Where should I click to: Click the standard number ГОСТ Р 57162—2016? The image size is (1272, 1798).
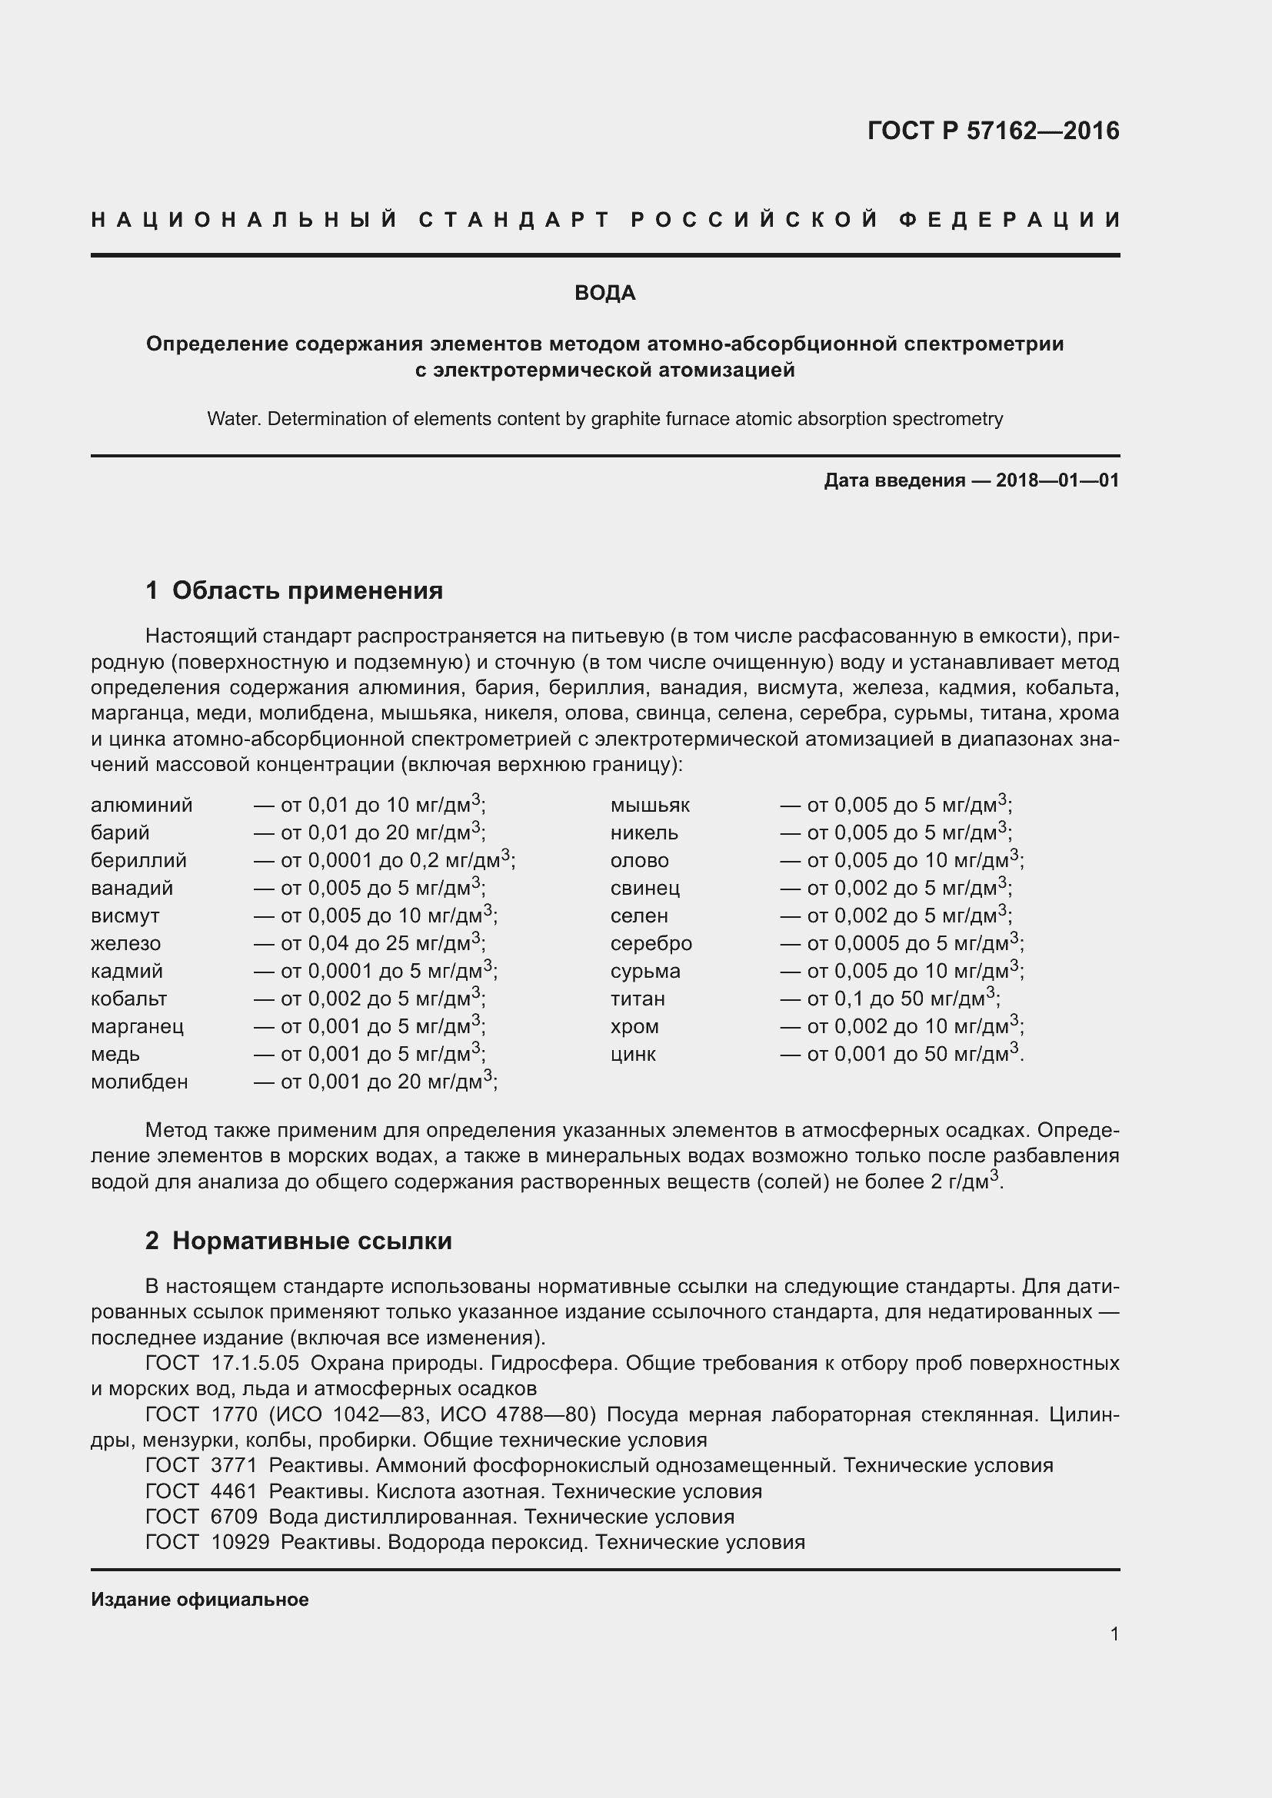[992, 131]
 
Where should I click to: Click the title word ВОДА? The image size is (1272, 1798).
[604, 293]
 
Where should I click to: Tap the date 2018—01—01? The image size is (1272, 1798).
[1057, 480]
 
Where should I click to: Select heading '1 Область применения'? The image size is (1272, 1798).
[294, 590]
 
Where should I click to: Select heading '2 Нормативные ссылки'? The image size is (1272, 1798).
[298, 1241]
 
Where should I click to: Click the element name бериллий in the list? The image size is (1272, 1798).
[138, 861]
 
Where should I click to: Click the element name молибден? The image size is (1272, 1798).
[139, 1082]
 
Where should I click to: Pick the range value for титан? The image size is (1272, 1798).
[890, 999]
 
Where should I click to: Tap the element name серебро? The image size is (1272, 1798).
[651, 944]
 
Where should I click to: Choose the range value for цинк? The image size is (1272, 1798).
[901, 1054]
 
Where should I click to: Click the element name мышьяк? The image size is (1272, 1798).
[650, 806]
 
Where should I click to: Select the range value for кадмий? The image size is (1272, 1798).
[375, 971]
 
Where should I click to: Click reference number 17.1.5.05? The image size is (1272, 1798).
[255, 1364]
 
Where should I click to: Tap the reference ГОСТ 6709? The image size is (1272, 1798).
[201, 1517]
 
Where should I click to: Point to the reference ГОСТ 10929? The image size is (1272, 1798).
[208, 1543]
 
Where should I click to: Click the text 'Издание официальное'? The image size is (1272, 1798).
[200, 1600]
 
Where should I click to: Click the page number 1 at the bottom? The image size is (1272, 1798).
[1114, 1634]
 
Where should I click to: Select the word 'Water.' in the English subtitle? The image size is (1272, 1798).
[234, 419]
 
